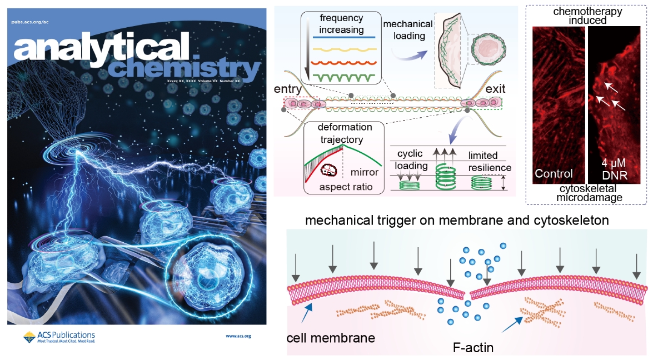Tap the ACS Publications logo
pyautogui.click(x=59, y=337)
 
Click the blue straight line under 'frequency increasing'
pyautogui.click(x=341, y=38)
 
